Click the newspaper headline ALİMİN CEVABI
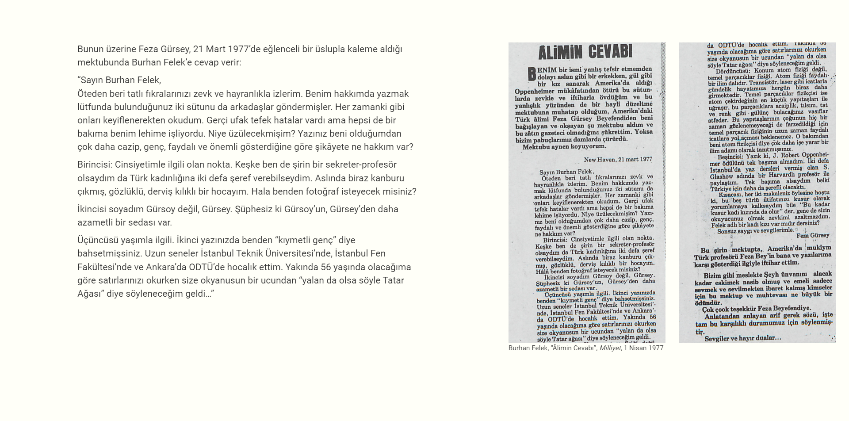coord(585,53)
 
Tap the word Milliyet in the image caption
coord(610,348)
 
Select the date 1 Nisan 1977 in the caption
coord(643,348)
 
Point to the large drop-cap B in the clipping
coord(532,74)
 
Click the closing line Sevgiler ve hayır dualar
coord(742,338)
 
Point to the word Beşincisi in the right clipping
coord(730,156)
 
